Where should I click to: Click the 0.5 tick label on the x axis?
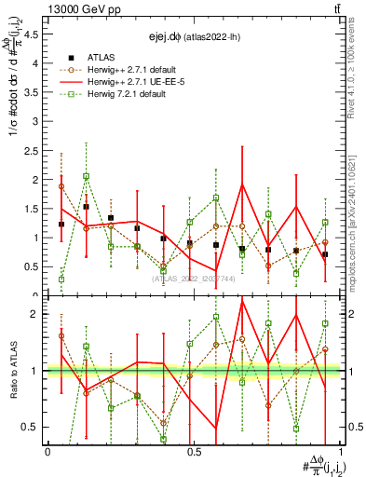pyautogui.click(x=194, y=451)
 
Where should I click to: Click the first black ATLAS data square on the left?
pyautogui.click(x=61, y=225)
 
